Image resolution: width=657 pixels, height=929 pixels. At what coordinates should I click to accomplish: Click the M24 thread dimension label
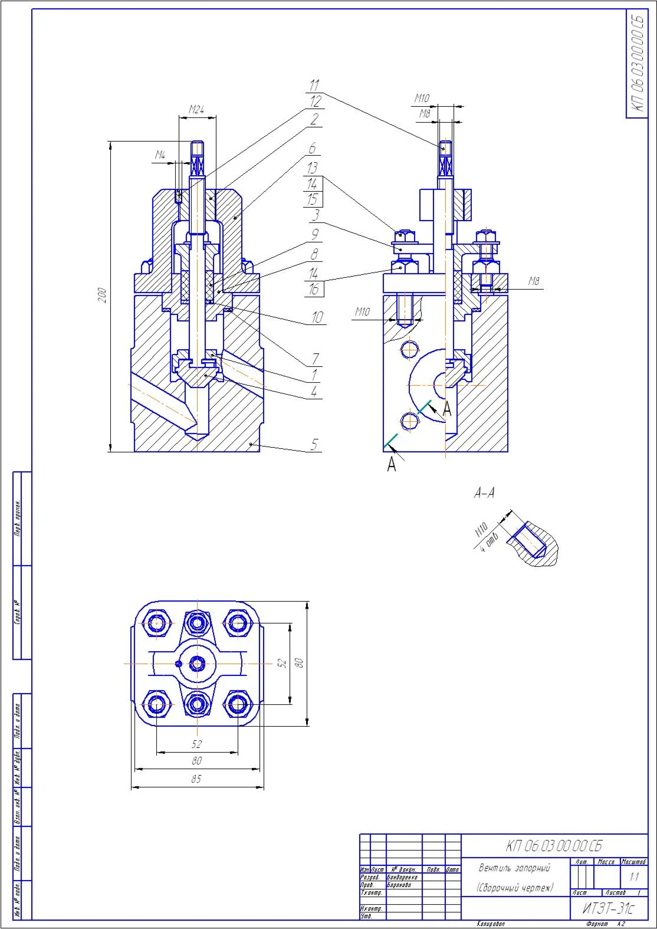point(196,109)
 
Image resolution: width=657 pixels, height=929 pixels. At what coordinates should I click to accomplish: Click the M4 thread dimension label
point(160,156)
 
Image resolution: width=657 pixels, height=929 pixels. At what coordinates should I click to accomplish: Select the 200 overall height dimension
point(103,295)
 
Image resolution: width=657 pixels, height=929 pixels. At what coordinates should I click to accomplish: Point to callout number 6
point(313,148)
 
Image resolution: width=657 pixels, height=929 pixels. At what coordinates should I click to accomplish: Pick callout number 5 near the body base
point(314,444)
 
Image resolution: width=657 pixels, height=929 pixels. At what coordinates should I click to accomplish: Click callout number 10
point(317,317)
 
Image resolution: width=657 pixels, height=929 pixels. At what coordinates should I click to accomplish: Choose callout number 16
point(314,289)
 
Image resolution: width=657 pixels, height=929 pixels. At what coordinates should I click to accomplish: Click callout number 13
point(313,168)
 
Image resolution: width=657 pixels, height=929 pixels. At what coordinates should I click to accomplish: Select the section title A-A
point(484,493)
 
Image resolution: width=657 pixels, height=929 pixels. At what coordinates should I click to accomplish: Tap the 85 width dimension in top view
point(196,779)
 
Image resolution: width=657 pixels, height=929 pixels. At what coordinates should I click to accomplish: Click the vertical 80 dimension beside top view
point(300,663)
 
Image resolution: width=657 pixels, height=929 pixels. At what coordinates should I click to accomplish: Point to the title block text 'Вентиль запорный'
point(514,868)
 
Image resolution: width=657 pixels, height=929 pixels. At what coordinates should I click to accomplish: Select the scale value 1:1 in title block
point(634,877)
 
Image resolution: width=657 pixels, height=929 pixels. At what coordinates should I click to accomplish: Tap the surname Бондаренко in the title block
point(402,878)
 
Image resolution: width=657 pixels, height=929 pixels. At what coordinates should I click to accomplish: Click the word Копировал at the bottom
point(491,924)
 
